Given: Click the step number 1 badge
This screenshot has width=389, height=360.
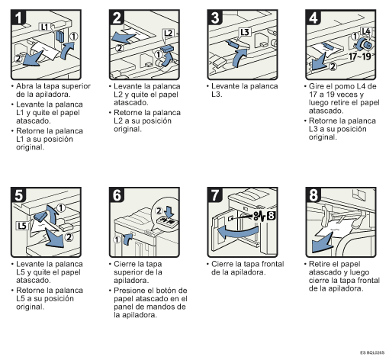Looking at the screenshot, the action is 18,18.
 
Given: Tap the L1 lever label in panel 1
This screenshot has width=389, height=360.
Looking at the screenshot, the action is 44,27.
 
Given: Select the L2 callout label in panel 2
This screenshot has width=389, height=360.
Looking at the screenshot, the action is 169,33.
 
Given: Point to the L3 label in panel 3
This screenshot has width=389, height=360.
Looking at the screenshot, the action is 245,32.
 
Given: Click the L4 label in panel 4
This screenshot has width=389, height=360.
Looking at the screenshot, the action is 366,31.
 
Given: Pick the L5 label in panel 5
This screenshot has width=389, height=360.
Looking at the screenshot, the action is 22,226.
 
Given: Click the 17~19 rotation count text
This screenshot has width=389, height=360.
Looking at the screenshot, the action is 359,56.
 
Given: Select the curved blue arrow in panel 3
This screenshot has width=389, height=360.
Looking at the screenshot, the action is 240,58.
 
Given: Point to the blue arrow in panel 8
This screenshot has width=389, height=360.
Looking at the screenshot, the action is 322,243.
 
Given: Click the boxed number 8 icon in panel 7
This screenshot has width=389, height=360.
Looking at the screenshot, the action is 271,216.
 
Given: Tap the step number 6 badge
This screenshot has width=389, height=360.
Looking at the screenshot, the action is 117,195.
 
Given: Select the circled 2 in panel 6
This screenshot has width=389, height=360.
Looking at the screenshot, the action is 159,211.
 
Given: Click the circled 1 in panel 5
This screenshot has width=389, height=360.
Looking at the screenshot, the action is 61,208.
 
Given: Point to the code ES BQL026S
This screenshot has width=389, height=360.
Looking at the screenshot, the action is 372,352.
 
